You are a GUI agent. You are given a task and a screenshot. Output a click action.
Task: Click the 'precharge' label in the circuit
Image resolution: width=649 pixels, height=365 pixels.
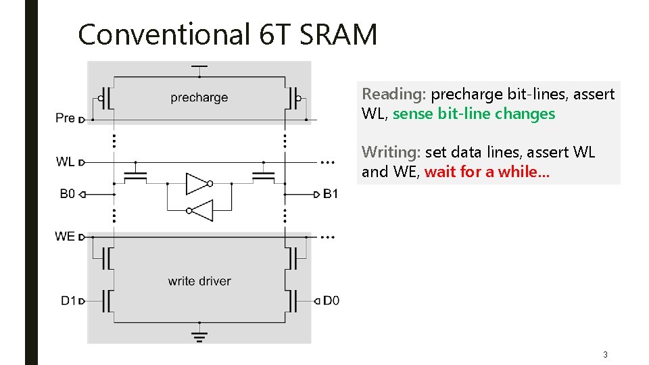pyautogui.click(x=199, y=98)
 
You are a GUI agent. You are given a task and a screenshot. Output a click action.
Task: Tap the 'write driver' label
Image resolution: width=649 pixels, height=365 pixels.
pyautogui.click(x=199, y=281)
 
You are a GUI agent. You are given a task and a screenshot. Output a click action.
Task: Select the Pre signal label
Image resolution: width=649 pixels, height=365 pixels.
pyautogui.click(x=65, y=118)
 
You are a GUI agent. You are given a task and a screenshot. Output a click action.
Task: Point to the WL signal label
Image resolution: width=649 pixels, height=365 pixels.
pyautogui.click(x=65, y=162)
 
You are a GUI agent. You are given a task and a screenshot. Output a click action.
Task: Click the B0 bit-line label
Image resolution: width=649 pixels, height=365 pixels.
pyautogui.click(x=67, y=194)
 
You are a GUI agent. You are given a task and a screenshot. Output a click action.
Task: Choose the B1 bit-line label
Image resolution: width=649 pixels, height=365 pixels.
pyautogui.click(x=331, y=194)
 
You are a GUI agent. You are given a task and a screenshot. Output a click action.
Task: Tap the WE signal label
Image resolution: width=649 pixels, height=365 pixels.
pyautogui.click(x=65, y=237)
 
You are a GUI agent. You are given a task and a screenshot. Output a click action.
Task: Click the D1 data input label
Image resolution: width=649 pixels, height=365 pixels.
pyautogui.click(x=68, y=300)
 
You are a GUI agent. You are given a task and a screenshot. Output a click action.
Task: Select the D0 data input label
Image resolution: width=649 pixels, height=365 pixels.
pyautogui.click(x=331, y=300)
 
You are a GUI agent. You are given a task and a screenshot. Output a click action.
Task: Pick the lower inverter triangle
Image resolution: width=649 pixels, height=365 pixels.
pyautogui.click(x=201, y=210)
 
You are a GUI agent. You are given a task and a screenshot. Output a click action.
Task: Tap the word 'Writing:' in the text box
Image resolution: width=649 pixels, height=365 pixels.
pyautogui.click(x=391, y=152)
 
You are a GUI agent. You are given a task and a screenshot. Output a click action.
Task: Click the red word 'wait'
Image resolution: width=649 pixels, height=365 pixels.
pyautogui.click(x=439, y=172)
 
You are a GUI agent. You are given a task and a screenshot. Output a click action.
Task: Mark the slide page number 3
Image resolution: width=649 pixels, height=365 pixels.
pyautogui.click(x=605, y=354)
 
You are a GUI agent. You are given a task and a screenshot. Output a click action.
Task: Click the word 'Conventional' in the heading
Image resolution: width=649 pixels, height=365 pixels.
pyautogui.click(x=164, y=34)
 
